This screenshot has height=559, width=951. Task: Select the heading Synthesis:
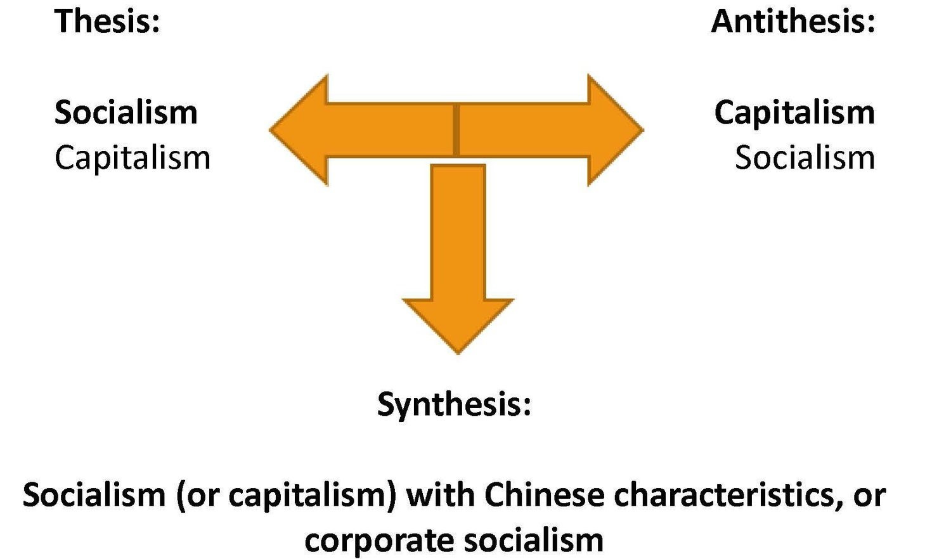pos(454,404)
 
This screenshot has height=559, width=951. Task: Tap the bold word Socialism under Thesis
pos(126,113)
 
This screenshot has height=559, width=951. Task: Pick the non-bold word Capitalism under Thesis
pos(132,157)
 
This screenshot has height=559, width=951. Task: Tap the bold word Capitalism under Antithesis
pos(794,113)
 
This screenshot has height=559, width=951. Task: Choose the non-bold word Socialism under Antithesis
pos(805,157)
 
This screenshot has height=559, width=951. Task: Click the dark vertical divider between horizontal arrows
pos(456,130)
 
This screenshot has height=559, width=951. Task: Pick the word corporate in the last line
pos(378,541)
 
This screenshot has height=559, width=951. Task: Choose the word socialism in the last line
pos(533,541)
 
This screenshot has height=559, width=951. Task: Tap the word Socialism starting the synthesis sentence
pos(94,495)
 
